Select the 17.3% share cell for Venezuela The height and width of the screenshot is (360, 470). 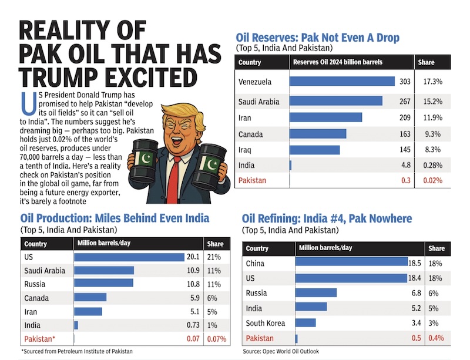click(430, 82)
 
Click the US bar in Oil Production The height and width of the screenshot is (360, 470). click(129, 257)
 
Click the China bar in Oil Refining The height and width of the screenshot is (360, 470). click(351, 263)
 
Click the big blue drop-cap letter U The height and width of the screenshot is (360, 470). click(27, 105)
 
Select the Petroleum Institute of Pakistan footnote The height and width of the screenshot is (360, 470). click(77, 351)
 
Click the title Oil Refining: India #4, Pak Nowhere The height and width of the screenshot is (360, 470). click(327, 219)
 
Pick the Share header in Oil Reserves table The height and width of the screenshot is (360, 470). click(427, 62)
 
